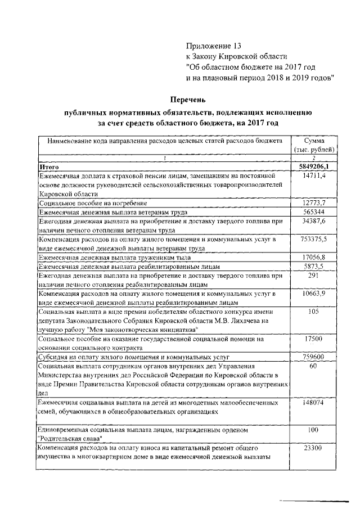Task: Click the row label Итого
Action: [x=49, y=168]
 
